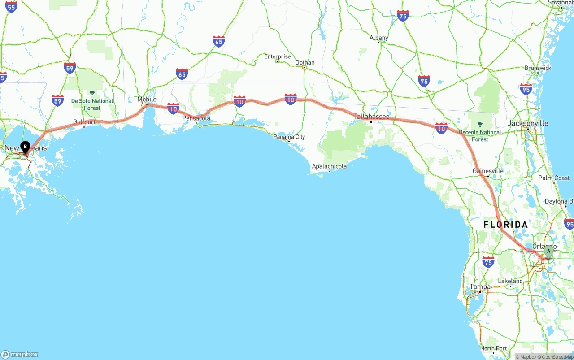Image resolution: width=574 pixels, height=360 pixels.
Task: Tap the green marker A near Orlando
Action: click(548, 252)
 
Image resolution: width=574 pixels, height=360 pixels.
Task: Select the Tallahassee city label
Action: click(371, 117)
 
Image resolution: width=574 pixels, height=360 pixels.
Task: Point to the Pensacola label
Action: click(196, 118)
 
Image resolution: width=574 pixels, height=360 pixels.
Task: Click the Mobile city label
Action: click(147, 99)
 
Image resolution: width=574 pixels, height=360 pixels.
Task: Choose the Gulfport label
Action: click(84, 121)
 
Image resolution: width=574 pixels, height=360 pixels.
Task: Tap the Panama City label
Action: click(289, 137)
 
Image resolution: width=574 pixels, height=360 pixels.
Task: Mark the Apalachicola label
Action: click(329, 166)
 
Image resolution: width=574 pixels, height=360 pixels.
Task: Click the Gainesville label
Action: click(488, 171)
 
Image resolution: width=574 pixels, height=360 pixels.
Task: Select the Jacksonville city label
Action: click(528, 123)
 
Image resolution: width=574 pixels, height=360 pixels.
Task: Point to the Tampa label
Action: click(480, 287)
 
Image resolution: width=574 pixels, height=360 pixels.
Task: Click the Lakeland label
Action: click(510, 281)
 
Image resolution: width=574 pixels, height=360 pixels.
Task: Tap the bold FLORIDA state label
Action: click(505, 225)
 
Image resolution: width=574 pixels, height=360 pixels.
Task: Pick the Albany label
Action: click(379, 38)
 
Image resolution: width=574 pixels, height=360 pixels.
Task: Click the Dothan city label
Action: click(305, 62)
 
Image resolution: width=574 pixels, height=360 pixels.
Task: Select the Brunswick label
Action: click(538, 68)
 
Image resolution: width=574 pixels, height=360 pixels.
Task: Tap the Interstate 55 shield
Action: click(12, 6)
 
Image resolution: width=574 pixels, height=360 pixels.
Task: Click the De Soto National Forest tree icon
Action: click(92, 93)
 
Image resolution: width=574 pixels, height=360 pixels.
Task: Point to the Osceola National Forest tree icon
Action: click(480, 124)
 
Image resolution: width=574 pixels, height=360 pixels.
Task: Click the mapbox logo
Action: click(20, 354)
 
